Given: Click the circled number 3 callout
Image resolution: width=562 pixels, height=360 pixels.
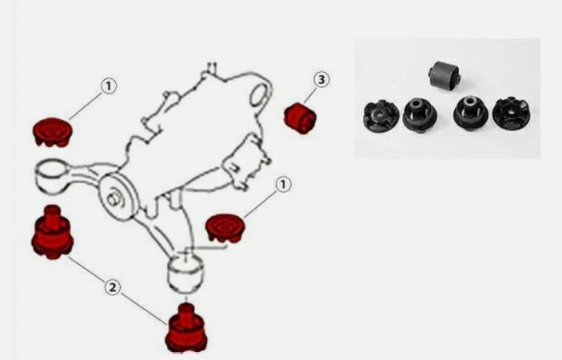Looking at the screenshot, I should (321, 80).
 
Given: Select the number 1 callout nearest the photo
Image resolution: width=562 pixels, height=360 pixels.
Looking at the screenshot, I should (282, 185).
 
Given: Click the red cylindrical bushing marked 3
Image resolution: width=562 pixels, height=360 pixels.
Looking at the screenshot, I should (301, 117).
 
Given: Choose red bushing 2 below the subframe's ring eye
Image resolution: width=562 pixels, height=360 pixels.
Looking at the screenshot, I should (52, 233).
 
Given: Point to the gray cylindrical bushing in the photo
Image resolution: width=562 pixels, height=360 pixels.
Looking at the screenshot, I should (444, 74).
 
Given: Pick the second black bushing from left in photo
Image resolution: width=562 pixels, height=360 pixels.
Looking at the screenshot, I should (418, 114).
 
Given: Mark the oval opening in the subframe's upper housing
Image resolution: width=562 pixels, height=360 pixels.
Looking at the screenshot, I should (260, 97).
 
